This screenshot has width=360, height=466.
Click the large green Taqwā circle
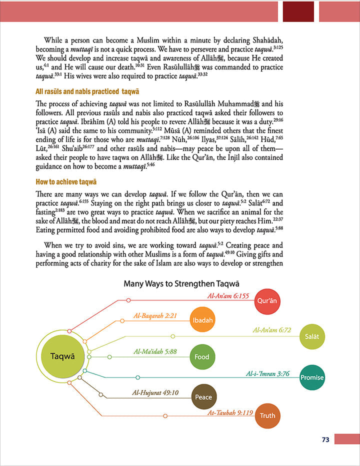pos(62,356)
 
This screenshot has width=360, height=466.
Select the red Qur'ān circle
pos(266,301)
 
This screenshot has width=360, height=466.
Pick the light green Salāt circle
pos(312,336)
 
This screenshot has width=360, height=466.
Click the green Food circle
pos(201,356)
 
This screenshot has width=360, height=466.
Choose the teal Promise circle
pos(312,377)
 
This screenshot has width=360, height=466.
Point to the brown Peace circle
pos(203,397)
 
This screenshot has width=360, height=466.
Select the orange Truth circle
pos(267,415)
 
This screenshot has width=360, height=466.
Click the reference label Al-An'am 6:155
pos(228,295)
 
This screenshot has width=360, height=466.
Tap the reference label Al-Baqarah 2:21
pos(155,315)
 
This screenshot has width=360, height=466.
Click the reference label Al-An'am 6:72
pos(272,330)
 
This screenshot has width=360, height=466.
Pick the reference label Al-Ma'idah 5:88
pos(155,351)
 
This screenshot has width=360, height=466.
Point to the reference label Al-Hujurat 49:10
pos(155,392)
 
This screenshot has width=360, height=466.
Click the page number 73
pos(325,440)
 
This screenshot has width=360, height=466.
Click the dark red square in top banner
pos(298,10)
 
